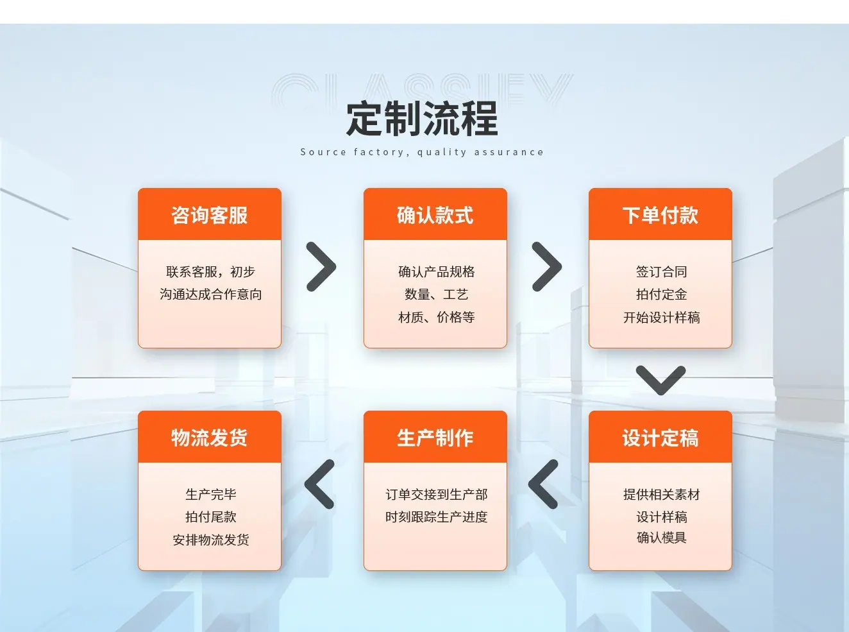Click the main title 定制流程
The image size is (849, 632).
pos(422,119)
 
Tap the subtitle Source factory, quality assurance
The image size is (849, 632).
pos(422,152)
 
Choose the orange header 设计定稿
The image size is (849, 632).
pos(660,437)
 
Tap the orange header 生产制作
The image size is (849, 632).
pos(435,437)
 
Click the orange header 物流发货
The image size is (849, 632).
pos(210,437)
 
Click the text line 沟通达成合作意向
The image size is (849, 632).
pos(211,294)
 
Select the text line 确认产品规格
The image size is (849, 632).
pos(437,271)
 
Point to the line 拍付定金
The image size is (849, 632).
pos(661,294)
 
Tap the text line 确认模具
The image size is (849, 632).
pos(661,538)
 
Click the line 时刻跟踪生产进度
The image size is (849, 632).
pos(437,517)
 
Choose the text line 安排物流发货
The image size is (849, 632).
pos(211,540)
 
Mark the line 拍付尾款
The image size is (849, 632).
pos(211,517)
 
